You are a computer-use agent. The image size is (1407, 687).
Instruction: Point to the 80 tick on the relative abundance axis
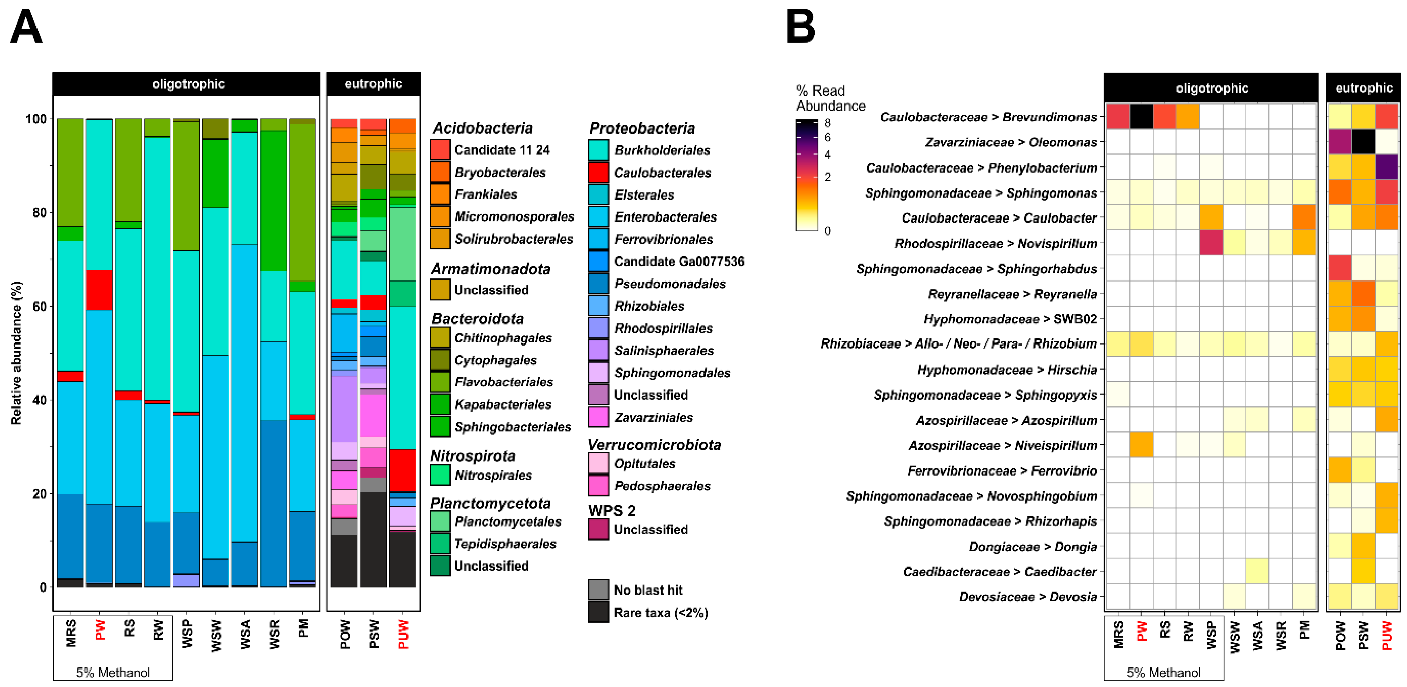click(39, 212)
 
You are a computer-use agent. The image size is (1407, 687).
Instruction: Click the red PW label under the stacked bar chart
click(100, 630)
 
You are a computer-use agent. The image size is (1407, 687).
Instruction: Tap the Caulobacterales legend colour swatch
click(599, 173)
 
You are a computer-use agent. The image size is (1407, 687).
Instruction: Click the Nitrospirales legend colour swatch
click(440, 475)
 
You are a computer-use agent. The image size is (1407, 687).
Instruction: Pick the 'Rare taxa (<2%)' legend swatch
click(599, 612)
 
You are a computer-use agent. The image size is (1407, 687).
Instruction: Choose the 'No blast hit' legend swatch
click(599, 590)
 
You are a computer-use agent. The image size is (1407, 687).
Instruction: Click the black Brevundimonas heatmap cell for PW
click(1141, 116)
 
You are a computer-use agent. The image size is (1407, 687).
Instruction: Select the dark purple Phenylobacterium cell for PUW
click(1387, 167)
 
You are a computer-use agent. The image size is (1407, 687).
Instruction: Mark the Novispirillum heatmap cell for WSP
click(1211, 243)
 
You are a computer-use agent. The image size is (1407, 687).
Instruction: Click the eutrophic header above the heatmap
click(1363, 88)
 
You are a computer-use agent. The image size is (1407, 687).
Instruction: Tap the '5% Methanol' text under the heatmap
click(1163, 672)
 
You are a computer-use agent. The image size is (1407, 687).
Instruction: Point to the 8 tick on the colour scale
click(827, 123)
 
